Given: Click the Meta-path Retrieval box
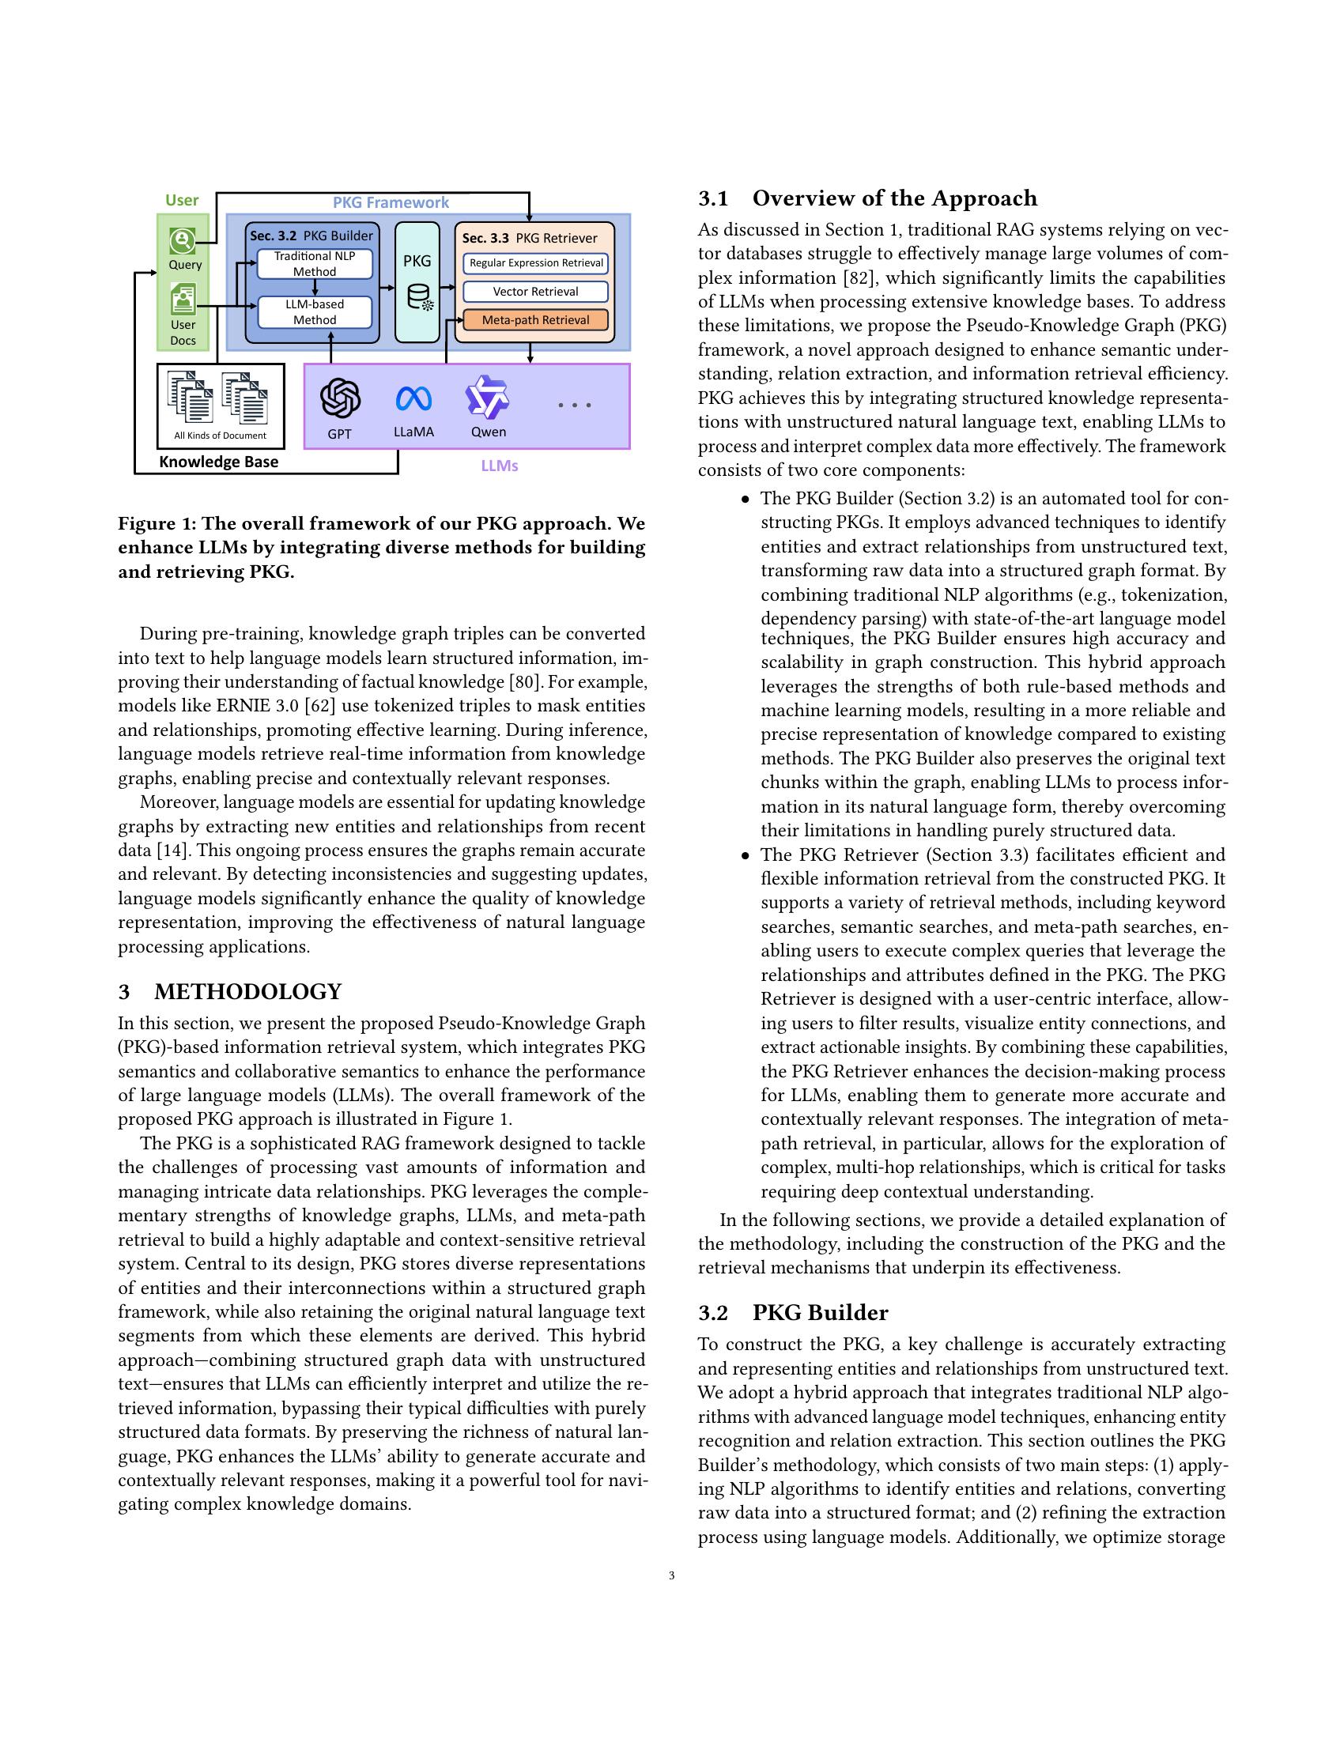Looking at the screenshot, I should (535, 320).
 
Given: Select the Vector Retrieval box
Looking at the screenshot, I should (535, 292).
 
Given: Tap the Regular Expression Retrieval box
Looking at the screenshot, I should (535, 262).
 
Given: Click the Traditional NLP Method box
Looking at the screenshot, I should (315, 263).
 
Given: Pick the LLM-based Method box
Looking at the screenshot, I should (315, 312).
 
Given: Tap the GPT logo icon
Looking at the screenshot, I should (340, 398).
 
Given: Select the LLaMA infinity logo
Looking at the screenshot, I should (413, 398).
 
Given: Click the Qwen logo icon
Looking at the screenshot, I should (487, 398).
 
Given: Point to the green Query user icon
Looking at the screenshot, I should (183, 240).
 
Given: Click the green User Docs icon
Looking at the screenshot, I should (183, 300).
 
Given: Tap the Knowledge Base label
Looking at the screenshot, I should (219, 462).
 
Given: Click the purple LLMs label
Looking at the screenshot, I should (499, 466).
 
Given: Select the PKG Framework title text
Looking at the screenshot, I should (390, 202).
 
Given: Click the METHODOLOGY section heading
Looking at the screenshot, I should (247, 991).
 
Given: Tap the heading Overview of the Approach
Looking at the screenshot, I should (894, 198).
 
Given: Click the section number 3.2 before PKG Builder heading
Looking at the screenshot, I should (713, 1313).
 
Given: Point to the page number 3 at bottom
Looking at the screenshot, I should (672, 1575).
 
